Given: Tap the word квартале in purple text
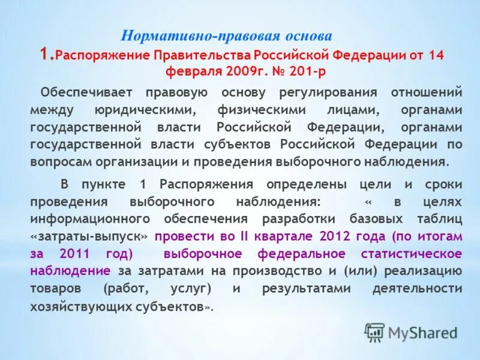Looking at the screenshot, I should click(284, 236).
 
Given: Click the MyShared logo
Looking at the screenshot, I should click(411, 332).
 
